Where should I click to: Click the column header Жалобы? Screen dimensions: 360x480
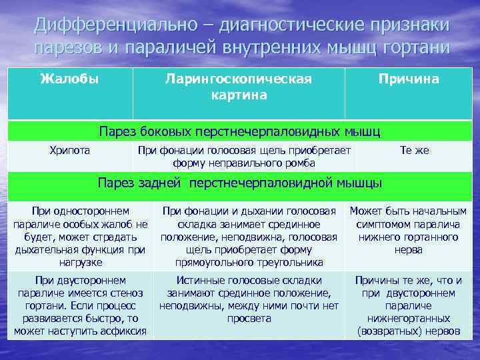[x=69, y=79]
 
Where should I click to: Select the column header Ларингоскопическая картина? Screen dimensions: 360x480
[x=239, y=87]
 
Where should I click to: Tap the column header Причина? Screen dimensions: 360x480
[x=408, y=79]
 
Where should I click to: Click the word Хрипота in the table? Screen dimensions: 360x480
[x=69, y=151]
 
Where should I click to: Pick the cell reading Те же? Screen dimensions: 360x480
[x=414, y=151]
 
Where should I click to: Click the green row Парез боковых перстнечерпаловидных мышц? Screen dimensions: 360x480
[x=239, y=130]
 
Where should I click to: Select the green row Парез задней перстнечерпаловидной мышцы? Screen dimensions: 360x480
[x=239, y=183]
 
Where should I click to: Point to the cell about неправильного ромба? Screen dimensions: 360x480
[x=244, y=157]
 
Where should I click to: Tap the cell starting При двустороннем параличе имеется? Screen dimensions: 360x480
[x=80, y=306]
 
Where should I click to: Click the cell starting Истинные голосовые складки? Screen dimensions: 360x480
[x=249, y=299]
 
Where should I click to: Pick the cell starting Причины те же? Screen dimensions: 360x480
[x=408, y=306]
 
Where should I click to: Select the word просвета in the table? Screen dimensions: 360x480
[x=249, y=319]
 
